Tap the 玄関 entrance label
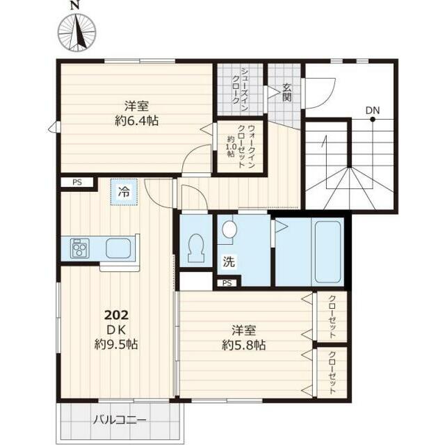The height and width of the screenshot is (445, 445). tap(287, 92)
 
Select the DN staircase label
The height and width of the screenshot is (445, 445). tap(373, 110)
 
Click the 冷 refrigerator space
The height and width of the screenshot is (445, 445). tap(124, 192)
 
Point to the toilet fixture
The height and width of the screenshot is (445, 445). tap(196, 248)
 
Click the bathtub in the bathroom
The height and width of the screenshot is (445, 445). tap(327, 252)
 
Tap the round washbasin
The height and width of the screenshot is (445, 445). tap(229, 229)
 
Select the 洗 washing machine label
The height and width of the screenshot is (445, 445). tap(229, 261)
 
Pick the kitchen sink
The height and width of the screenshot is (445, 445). tap(118, 248)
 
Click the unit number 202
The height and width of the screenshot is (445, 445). tap(117, 315)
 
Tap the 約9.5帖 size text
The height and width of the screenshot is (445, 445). tap(116, 344)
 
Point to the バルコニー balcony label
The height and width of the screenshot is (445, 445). tap(120, 420)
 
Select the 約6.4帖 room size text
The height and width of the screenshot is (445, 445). tap(137, 121)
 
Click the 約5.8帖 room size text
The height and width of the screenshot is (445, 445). tap(244, 346)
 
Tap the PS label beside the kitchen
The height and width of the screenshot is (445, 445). tap(77, 182)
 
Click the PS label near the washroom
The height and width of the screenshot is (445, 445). tap(227, 283)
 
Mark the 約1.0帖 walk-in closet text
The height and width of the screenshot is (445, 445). tap(230, 147)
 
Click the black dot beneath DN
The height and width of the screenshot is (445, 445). tap(373, 120)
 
